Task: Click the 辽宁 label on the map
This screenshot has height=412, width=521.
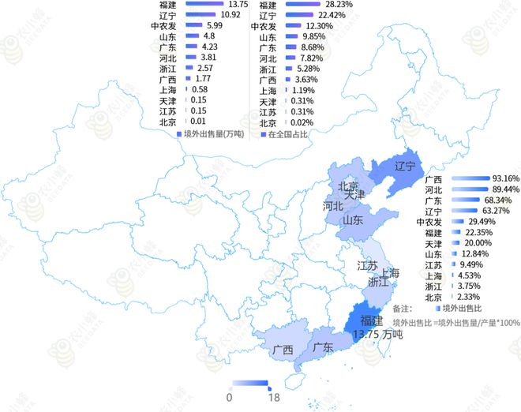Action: point(405,167)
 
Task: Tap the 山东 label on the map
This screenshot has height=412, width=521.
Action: point(352,220)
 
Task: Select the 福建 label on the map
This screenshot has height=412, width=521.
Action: point(371,320)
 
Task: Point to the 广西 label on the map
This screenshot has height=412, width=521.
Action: point(283,350)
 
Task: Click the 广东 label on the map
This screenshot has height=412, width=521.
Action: point(321,347)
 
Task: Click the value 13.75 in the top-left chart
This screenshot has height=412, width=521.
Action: point(239,4)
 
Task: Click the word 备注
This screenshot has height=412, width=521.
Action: point(403,308)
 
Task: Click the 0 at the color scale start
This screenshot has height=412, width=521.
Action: point(229,397)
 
